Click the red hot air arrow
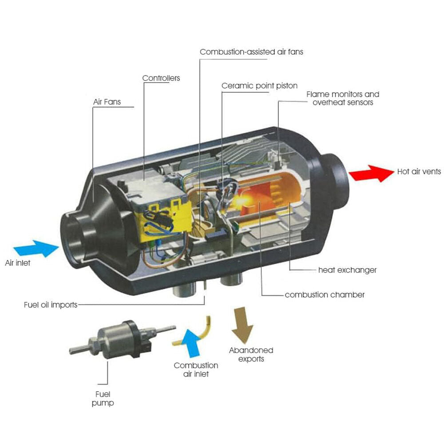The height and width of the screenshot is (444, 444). [371, 173]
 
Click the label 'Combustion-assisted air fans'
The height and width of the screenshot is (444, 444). [251, 52]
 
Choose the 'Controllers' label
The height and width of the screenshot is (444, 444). [161, 78]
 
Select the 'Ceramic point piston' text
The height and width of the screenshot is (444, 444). [259, 85]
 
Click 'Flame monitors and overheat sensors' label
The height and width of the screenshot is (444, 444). [343, 98]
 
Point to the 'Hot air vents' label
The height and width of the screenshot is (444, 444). [419, 171]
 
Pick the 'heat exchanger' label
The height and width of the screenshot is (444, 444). [347, 270]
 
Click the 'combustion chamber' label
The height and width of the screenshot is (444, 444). [325, 295]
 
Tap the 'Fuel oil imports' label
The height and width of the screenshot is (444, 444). [51, 305]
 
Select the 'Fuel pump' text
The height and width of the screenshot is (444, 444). [103, 399]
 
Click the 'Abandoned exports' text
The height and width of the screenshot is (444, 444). [251, 354]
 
